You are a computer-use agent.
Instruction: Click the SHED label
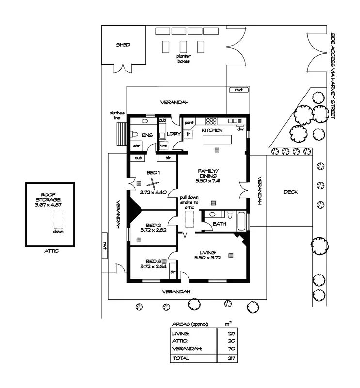123,45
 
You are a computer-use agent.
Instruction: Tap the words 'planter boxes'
183,59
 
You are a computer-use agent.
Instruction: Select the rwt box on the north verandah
238,90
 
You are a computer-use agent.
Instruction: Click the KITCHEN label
212,130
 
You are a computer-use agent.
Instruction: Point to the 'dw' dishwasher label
240,129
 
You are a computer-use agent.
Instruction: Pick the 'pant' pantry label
188,123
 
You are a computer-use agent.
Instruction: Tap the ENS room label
146,135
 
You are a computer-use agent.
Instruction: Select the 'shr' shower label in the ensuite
136,145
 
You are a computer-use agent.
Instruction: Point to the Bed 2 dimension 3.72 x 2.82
153,230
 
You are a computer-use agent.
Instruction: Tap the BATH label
219,224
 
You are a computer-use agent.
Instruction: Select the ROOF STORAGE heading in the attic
50,196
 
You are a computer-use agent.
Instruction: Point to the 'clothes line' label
117,115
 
